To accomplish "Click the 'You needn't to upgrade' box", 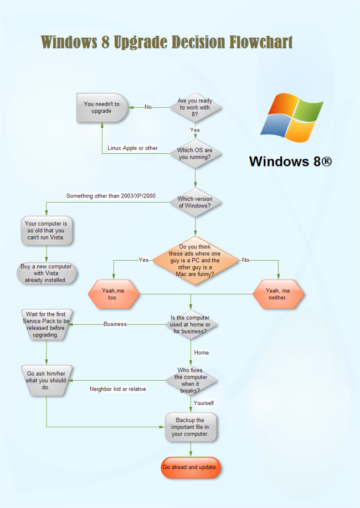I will [x=102, y=107].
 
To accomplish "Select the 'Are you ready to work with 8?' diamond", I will [x=195, y=107].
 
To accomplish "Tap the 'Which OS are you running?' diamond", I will [x=195, y=153].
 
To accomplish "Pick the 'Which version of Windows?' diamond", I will [x=195, y=203].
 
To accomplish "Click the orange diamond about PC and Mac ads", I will [x=194, y=260].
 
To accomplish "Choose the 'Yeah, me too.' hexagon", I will [x=113, y=294].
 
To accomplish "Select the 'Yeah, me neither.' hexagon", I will [x=278, y=294].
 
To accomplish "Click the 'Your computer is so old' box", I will [x=46, y=230].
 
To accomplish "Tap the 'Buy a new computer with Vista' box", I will [x=46, y=273].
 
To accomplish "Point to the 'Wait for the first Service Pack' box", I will [x=46, y=324].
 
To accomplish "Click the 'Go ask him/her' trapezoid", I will [x=46, y=380].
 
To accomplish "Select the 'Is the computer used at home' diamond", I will [x=191, y=324].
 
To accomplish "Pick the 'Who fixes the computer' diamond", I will [x=191, y=380].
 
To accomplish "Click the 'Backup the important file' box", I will [x=191, y=427].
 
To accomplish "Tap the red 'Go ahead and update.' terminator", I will [x=191, y=468].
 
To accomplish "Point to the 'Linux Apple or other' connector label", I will [x=133, y=148].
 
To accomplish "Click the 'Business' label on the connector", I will [x=115, y=324].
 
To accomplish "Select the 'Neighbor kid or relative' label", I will [x=118, y=389].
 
